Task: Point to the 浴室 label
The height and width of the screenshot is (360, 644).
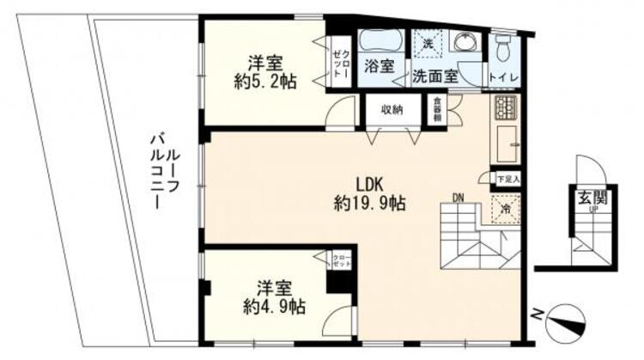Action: pos(378,66)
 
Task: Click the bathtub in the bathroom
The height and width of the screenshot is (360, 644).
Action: pos(380,40)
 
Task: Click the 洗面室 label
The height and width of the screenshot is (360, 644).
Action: pos(434,75)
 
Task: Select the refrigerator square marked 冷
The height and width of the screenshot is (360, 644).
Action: pos(507,208)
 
